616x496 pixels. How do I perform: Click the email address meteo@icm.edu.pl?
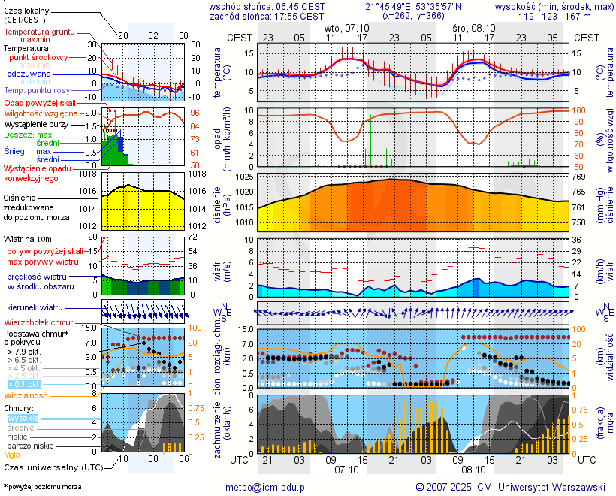tap(267, 487)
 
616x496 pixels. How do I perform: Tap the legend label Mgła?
tap(12, 455)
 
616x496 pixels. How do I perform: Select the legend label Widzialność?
tap(26, 395)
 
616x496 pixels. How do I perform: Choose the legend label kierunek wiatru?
tap(35, 308)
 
